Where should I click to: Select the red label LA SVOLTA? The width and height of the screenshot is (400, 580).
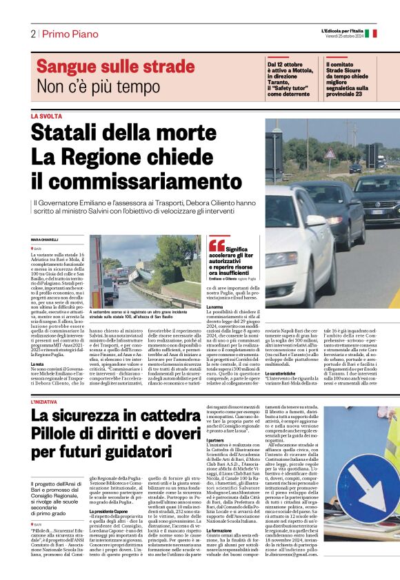(46, 116)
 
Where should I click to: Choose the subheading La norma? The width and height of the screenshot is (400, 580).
(215, 307)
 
